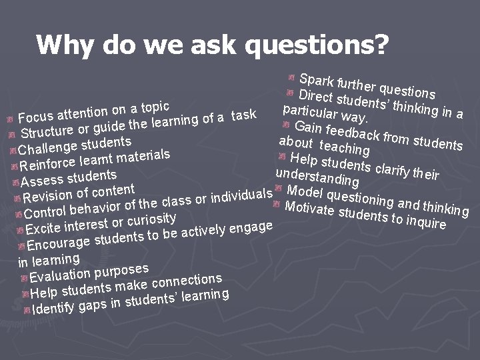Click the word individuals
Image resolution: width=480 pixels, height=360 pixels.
click(241, 195)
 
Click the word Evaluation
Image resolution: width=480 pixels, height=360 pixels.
click(62, 275)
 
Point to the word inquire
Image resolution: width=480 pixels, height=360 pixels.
click(424, 223)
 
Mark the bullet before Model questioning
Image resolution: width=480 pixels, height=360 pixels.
click(278, 187)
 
